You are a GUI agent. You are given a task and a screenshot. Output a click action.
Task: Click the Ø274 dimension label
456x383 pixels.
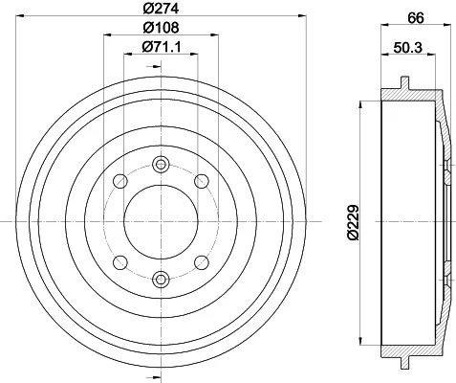(161, 9)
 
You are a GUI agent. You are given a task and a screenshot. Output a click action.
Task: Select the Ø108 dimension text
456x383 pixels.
(161, 28)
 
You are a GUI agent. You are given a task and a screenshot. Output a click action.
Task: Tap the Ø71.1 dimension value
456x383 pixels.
(162, 47)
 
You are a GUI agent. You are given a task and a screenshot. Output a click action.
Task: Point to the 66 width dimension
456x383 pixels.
(416, 18)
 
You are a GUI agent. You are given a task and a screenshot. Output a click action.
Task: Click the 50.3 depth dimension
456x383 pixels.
(408, 48)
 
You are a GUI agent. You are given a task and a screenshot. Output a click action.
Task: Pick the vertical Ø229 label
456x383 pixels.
(354, 222)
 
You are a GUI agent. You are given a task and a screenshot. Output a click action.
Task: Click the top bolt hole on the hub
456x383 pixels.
(161, 165)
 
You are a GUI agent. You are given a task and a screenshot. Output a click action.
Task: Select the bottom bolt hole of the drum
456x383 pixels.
(161, 280)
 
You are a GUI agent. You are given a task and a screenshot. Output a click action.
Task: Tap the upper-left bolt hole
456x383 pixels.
(120, 181)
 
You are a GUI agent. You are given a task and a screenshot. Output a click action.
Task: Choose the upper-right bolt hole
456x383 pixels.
(202, 181)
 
